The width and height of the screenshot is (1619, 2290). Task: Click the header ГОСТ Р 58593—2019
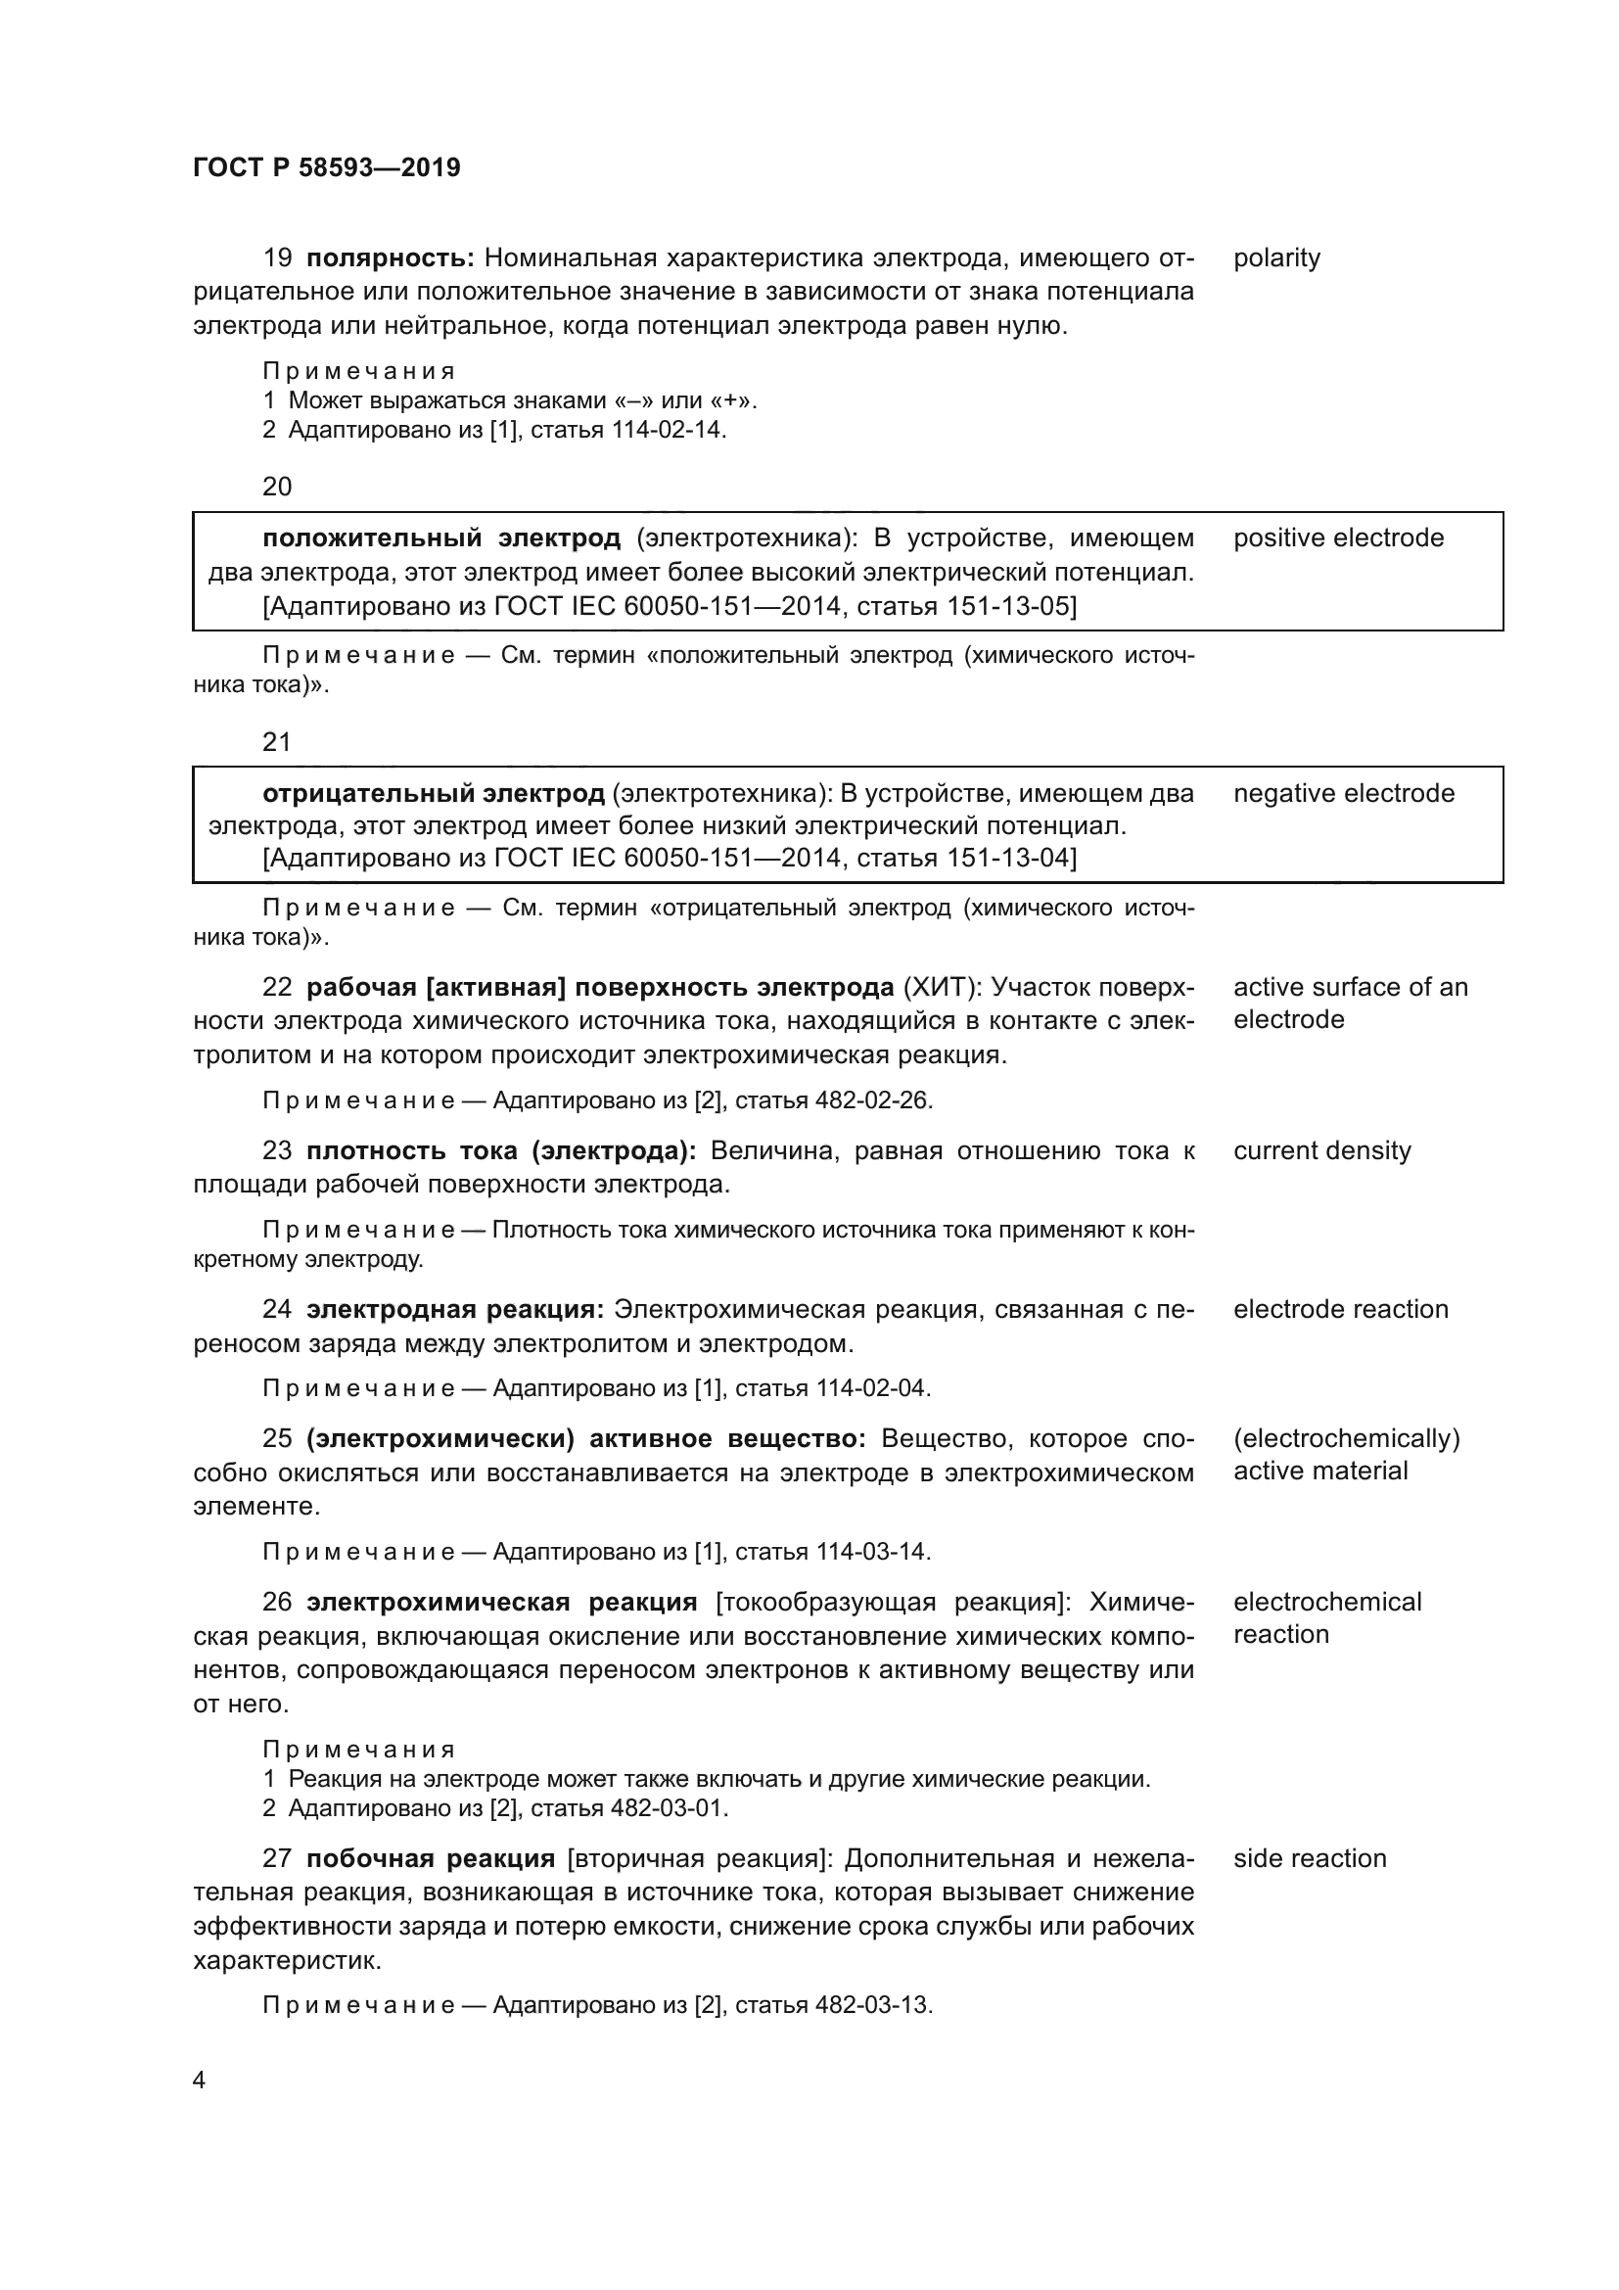coord(326,167)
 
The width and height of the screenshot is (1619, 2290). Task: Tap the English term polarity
coord(1276,258)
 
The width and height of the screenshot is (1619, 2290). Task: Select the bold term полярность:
coord(389,258)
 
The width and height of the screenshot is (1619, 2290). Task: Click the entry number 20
coord(277,487)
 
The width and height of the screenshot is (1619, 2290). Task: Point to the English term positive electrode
coord(1338,538)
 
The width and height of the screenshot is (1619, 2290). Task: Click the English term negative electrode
coord(1343,794)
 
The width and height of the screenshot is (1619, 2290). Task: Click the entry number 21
coord(277,742)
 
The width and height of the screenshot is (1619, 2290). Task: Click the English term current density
coord(1321,1151)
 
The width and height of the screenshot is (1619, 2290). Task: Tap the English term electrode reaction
coord(1340,1310)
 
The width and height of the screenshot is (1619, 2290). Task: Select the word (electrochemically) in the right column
coord(1346,1439)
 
